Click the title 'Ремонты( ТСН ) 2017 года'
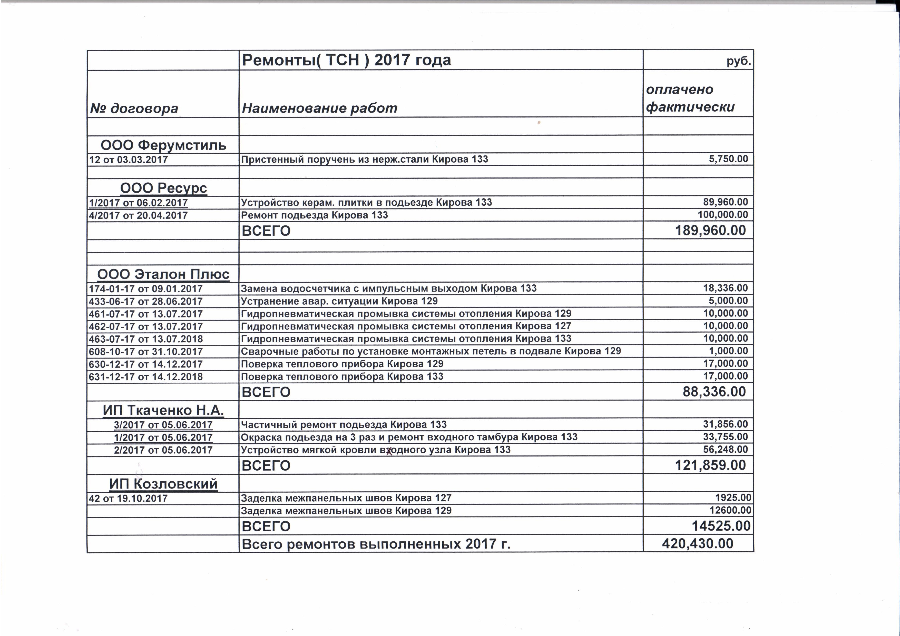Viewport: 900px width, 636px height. point(347,60)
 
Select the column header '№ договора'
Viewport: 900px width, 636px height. point(134,108)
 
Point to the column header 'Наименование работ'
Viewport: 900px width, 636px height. point(319,108)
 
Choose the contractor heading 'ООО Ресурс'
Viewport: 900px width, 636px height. point(163,188)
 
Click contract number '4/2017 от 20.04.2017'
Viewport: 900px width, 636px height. point(138,215)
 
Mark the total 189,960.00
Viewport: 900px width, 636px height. point(710,230)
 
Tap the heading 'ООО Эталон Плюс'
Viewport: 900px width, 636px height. point(163,274)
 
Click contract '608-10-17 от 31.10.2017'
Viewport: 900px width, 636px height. point(145,352)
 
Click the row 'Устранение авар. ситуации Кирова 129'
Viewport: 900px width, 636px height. point(339,301)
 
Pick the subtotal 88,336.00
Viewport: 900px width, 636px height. point(714,392)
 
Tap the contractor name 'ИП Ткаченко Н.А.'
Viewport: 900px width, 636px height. point(163,410)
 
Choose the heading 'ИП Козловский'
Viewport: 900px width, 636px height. point(163,484)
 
